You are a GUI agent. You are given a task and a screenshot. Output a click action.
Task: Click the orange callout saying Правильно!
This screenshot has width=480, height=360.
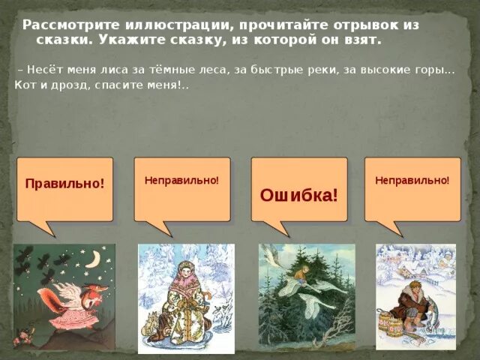click(64, 184)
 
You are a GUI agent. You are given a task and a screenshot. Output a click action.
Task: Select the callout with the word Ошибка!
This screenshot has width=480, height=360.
click(299, 195)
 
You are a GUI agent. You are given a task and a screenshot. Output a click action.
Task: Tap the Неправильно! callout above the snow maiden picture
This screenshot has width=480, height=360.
click(181, 181)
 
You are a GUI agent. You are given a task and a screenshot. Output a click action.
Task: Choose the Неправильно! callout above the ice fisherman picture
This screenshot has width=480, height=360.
click(412, 181)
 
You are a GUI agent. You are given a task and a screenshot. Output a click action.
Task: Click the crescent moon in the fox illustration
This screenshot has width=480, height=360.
click(94, 259)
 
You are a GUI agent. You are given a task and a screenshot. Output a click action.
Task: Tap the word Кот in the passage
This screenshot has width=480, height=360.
click(25, 85)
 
